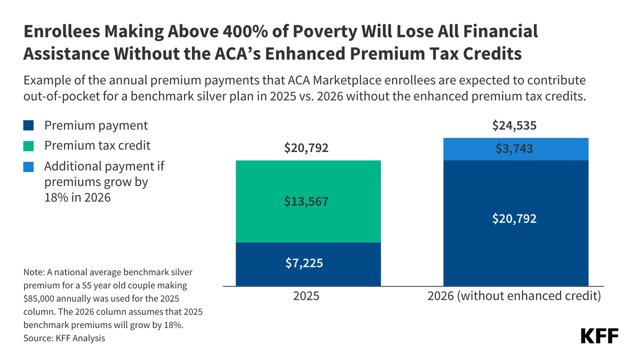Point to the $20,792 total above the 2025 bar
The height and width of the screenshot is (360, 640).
click(307, 148)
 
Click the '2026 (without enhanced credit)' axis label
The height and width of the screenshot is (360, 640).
click(515, 296)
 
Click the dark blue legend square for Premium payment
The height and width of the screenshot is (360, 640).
click(29, 126)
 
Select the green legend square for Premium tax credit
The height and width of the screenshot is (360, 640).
click(29, 146)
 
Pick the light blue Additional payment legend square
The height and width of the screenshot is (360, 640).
click(29, 166)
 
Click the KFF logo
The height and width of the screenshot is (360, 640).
click(599, 337)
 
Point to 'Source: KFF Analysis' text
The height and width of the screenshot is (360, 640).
click(64, 338)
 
